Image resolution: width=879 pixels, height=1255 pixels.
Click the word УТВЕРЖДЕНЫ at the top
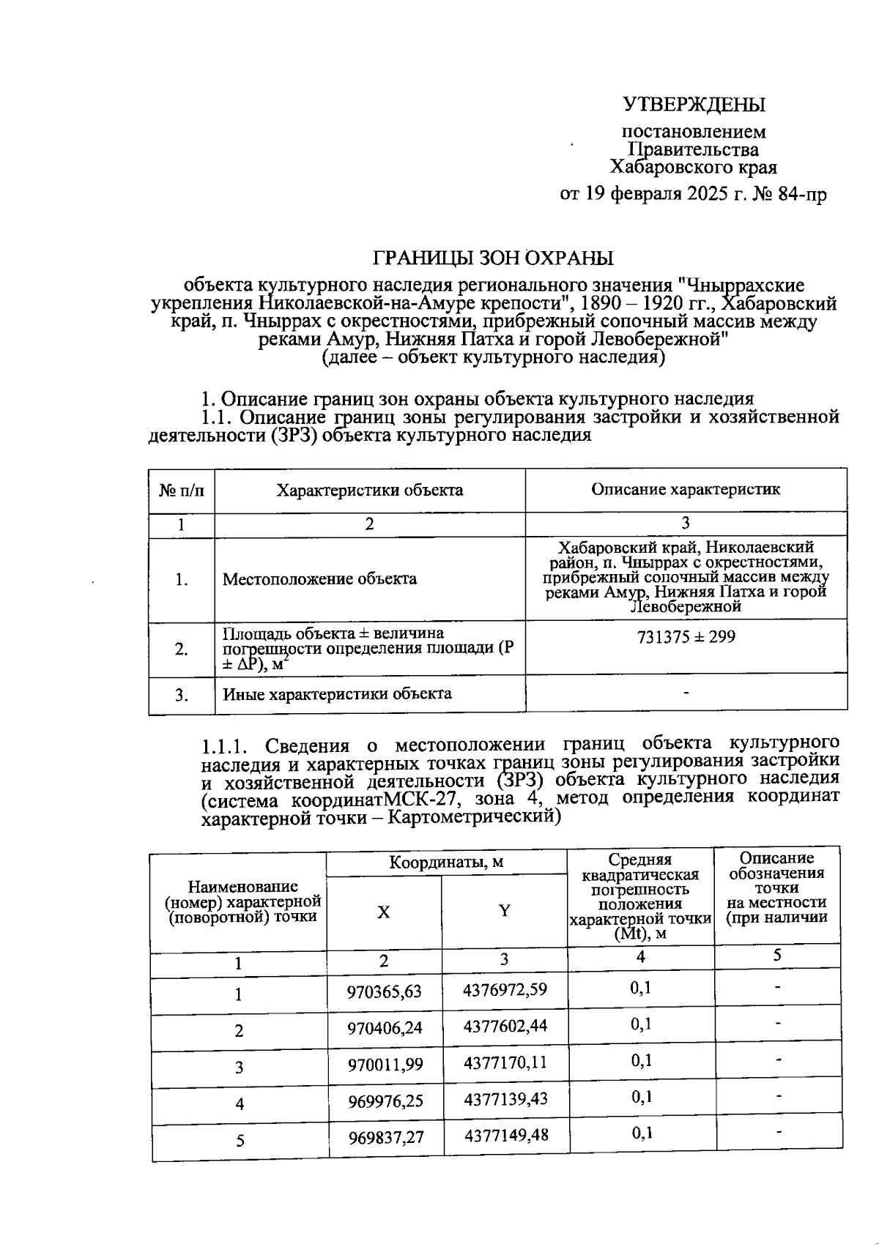coord(694,105)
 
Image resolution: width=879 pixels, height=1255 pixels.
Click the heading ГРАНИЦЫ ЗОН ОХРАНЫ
coord(494,258)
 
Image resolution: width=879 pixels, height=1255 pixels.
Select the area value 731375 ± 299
coord(686,637)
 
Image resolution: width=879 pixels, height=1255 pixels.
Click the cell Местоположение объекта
coord(319,579)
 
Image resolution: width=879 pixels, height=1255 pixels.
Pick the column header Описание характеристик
coord(686,489)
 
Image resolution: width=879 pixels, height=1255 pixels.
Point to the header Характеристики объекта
coord(369,490)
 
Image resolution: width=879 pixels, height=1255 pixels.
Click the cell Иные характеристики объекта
coord(337,693)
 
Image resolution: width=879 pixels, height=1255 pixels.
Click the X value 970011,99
coord(385,1063)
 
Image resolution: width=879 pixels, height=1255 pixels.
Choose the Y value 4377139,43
coord(505,1098)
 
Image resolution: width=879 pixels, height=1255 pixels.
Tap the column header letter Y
coord(504,911)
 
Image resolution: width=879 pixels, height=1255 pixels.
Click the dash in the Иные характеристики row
coord(686,692)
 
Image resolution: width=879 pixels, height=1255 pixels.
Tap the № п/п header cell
coord(181,490)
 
